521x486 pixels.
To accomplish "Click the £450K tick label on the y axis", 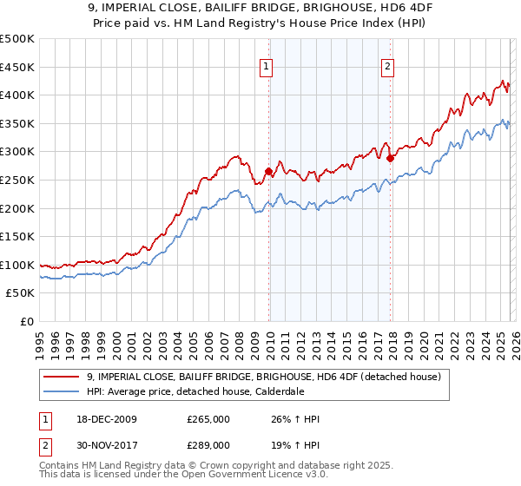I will point(17,67).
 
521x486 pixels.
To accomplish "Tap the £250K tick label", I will point(17,180).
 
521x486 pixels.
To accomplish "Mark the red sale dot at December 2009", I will point(268,172).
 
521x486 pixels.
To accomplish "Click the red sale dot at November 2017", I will point(391,158).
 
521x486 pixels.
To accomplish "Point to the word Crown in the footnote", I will point(214,466).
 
